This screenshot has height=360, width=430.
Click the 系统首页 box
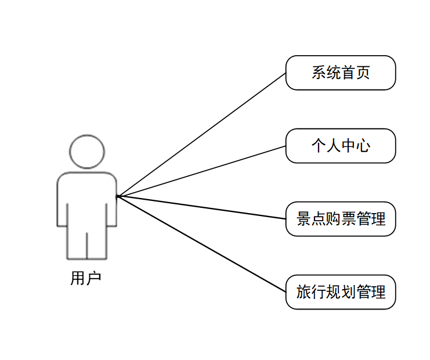[x=341, y=73]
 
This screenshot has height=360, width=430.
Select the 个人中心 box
[x=341, y=146]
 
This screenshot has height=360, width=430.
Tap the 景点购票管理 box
[x=341, y=219]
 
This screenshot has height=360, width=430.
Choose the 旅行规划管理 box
[x=341, y=291]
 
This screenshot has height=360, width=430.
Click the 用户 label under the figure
[x=86, y=278]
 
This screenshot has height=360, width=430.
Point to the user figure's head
[x=87, y=152]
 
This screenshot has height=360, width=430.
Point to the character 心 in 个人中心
[x=363, y=146]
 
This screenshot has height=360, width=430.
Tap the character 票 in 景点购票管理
[x=348, y=219]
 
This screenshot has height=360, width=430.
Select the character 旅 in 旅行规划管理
[x=303, y=292]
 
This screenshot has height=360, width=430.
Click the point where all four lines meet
[x=118, y=196]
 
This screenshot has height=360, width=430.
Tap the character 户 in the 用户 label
[x=94, y=278]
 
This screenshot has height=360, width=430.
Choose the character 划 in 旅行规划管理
[x=348, y=292]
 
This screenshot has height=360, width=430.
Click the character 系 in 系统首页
[x=319, y=73]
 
